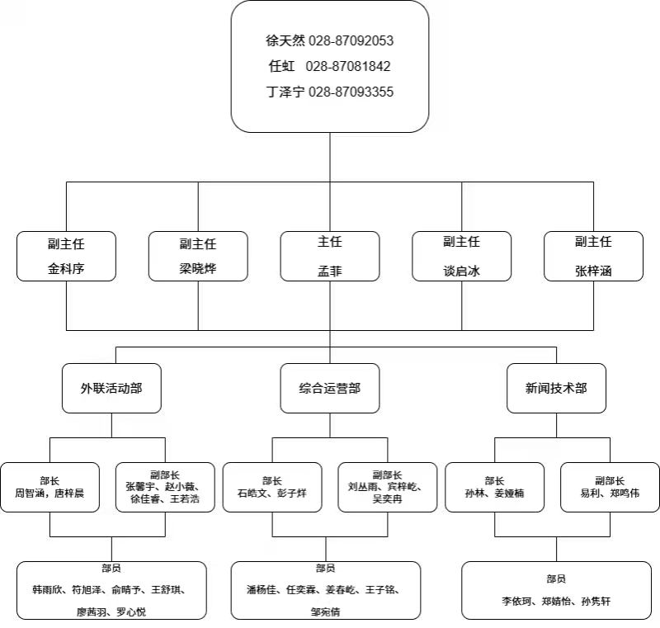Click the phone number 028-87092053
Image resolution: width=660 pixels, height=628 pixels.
pos(351,40)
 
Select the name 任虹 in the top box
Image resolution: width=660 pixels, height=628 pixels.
pos(280,66)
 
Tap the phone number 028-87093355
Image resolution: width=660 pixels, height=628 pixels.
pos(351,92)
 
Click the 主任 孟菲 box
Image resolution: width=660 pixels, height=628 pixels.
pos(330,256)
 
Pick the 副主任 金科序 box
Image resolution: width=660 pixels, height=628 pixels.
pos(66,256)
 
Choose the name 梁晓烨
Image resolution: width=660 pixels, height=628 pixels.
pos(198,268)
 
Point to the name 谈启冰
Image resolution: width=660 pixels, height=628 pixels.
pos(461,269)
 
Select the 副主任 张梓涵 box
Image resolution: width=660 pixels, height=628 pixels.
pos(593,256)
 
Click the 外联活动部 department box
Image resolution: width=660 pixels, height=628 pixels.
pos(111,388)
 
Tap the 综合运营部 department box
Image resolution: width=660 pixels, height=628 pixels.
pos(330,388)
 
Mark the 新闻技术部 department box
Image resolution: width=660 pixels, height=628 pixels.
pos(556,388)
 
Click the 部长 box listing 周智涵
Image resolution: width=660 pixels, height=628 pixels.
pos(50,487)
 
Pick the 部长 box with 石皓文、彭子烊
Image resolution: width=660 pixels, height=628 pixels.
pos(272,487)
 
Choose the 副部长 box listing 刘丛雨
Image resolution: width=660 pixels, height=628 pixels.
pos(387,487)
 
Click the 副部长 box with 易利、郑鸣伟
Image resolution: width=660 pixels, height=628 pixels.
pos(610,487)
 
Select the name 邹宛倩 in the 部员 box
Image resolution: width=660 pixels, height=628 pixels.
pos(326,611)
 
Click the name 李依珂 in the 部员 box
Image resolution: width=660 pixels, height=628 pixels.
pos(521,602)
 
